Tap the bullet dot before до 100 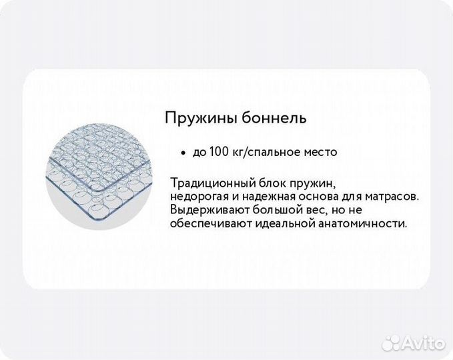pos(182,152)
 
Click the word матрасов pos(393,197)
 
